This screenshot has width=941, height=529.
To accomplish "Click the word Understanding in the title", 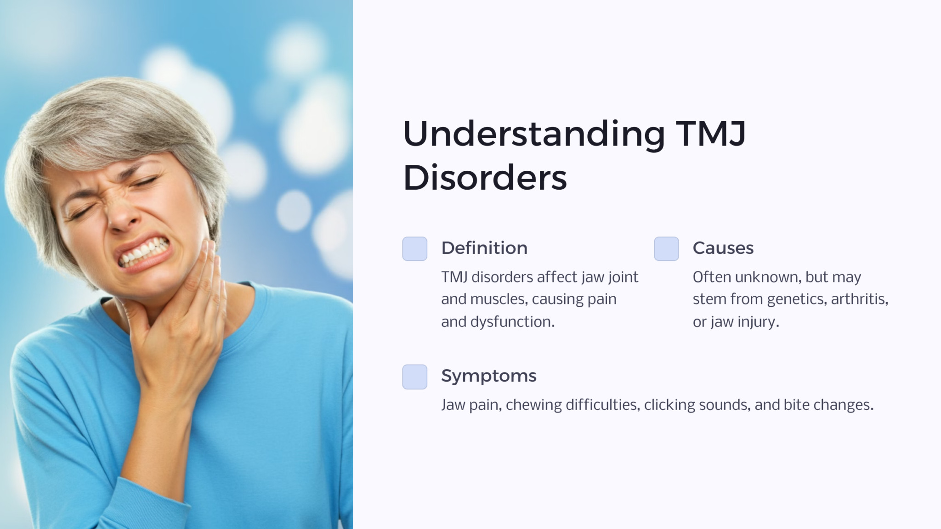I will [x=533, y=134].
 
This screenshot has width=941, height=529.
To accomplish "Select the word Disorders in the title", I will [x=485, y=178].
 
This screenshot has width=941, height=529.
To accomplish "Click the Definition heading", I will [x=484, y=248].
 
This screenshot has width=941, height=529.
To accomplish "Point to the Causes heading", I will [x=723, y=248].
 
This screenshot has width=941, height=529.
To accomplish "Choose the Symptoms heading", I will [x=488, y=376].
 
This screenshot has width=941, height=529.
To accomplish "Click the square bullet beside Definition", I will [x=414, y=249].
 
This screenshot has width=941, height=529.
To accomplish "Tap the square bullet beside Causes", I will [x=666, y=249].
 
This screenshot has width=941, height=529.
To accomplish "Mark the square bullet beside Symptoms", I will [x=414, y=377].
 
